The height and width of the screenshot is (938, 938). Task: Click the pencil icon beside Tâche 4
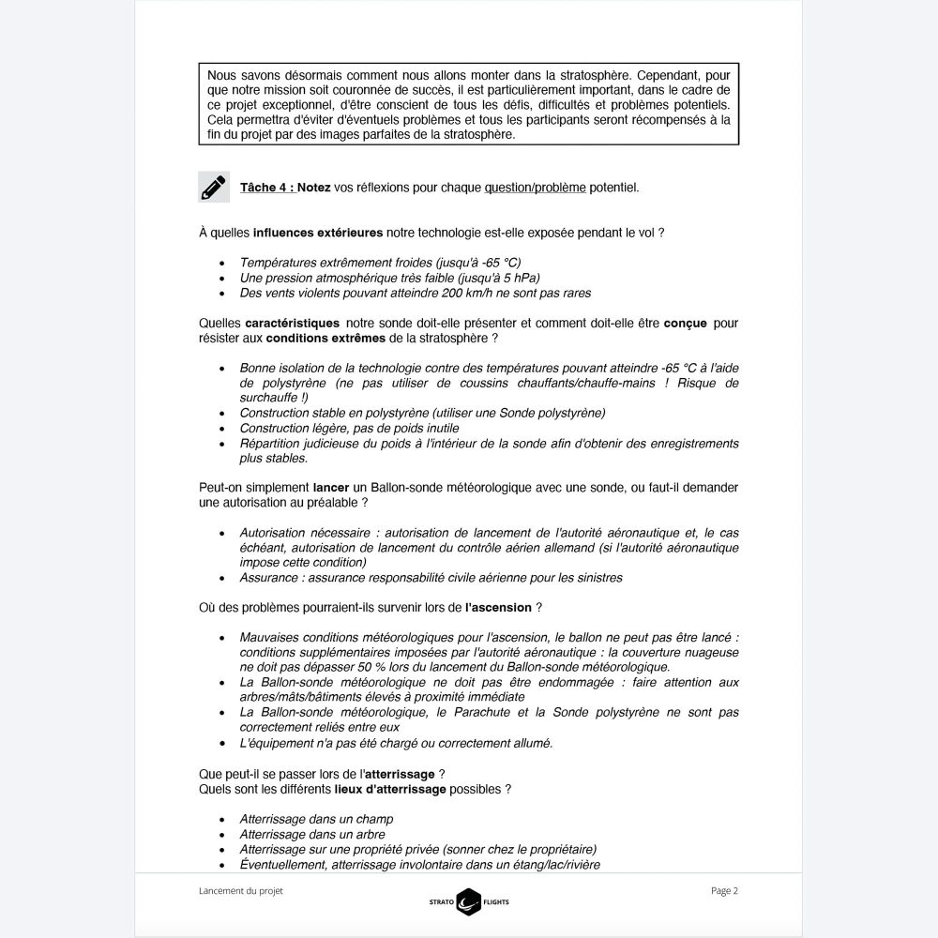214,187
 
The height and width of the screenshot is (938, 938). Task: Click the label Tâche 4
266,188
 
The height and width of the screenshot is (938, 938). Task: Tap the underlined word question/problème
535,188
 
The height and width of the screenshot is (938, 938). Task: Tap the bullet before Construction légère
220,428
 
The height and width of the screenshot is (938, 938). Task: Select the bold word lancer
333,488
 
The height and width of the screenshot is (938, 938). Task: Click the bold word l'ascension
498,607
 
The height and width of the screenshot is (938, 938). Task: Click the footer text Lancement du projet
241,891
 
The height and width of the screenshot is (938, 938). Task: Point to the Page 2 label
724,891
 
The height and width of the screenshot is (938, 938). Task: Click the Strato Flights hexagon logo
469,901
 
